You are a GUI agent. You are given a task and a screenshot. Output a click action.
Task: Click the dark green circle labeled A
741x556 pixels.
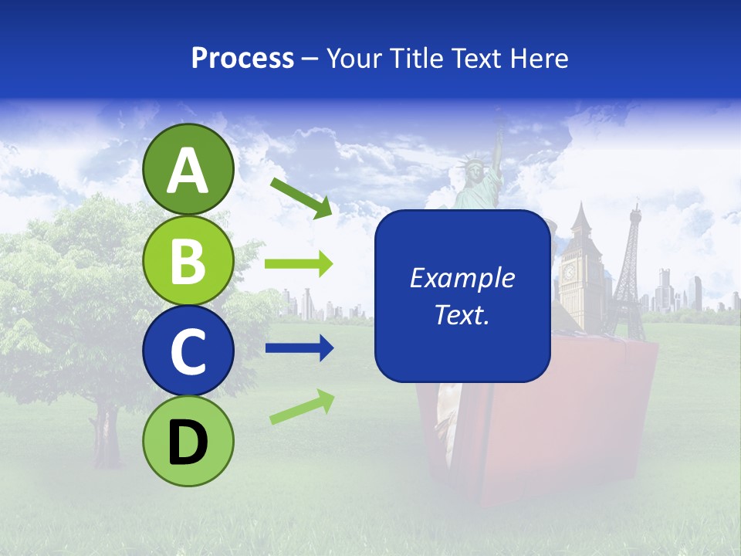pyautogui.click(x=188, y=169)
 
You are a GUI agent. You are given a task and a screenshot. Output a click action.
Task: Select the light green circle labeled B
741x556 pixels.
pyautogui.click(x=188, y=260)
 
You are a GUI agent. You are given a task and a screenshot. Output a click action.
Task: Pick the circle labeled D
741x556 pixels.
pyautogui.click(x=188, y=441)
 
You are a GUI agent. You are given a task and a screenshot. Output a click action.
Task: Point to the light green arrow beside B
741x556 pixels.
pyautogui.click(x=298, y=264)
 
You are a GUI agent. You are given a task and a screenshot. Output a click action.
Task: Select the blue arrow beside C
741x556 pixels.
pyautogui.click(x=298, y=348)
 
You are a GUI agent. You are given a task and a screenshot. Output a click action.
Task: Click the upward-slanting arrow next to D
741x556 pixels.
pyautogui.click(x=302, y=407)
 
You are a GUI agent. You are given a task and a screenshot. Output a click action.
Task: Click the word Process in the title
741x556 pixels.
pyautogui.click(x=242, y=59)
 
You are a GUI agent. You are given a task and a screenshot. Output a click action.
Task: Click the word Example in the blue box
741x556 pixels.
pyautogui.click(x=462, y=278)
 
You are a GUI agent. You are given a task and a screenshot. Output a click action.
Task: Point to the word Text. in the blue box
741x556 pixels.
pyautogui.click(x=462, y=314)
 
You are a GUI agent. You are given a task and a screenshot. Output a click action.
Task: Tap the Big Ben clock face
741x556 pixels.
pyautogui.click(x=570, y=272)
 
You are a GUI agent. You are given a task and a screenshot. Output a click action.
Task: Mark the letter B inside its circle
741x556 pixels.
pyautogui.click(x=188, y=260)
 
